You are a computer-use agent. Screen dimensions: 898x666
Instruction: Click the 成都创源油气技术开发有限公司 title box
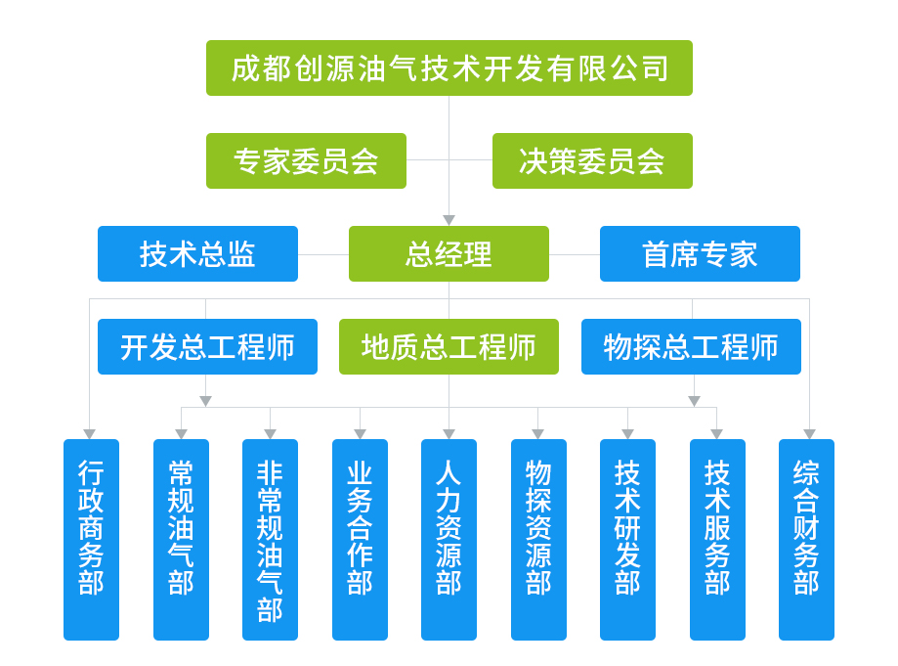(x=449, y=67)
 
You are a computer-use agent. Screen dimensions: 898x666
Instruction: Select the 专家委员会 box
(x=306, y=160)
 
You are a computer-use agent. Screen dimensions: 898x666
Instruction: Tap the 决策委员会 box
(x=592, y=160)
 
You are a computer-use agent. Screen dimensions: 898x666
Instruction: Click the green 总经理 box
(x=449, y=253)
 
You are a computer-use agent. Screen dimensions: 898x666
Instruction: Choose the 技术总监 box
(x=197, y=253)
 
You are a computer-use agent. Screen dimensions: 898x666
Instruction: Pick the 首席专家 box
(x=700, y=253)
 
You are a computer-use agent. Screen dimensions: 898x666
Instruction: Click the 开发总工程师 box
(x=207, y=346)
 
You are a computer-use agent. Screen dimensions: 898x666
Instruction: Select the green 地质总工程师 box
(x=449, y=346)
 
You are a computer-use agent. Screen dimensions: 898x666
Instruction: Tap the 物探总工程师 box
(x=691, y=346)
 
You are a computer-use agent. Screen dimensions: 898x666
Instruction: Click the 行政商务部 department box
(x=91, y=539)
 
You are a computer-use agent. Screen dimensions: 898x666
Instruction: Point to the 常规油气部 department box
(x=181, y=539)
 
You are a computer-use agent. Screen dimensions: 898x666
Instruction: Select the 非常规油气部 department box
(x=270, y=539)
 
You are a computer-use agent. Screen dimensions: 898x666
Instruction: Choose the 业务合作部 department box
(x=360, y=539)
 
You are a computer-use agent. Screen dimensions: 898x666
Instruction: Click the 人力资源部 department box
(x=449, y=539)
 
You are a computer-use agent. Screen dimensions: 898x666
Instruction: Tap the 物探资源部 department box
(x=538, y=539)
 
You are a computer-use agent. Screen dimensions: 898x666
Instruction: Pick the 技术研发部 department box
(x=627, y=539)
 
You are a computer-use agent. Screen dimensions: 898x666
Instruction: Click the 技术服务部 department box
(x=717, y=539)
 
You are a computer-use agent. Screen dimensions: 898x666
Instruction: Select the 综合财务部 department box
(x=806, y=539)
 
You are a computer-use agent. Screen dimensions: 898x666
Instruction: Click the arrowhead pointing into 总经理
(x=449, y=221)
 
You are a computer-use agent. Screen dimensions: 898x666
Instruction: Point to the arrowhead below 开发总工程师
(x=205, y=401)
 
